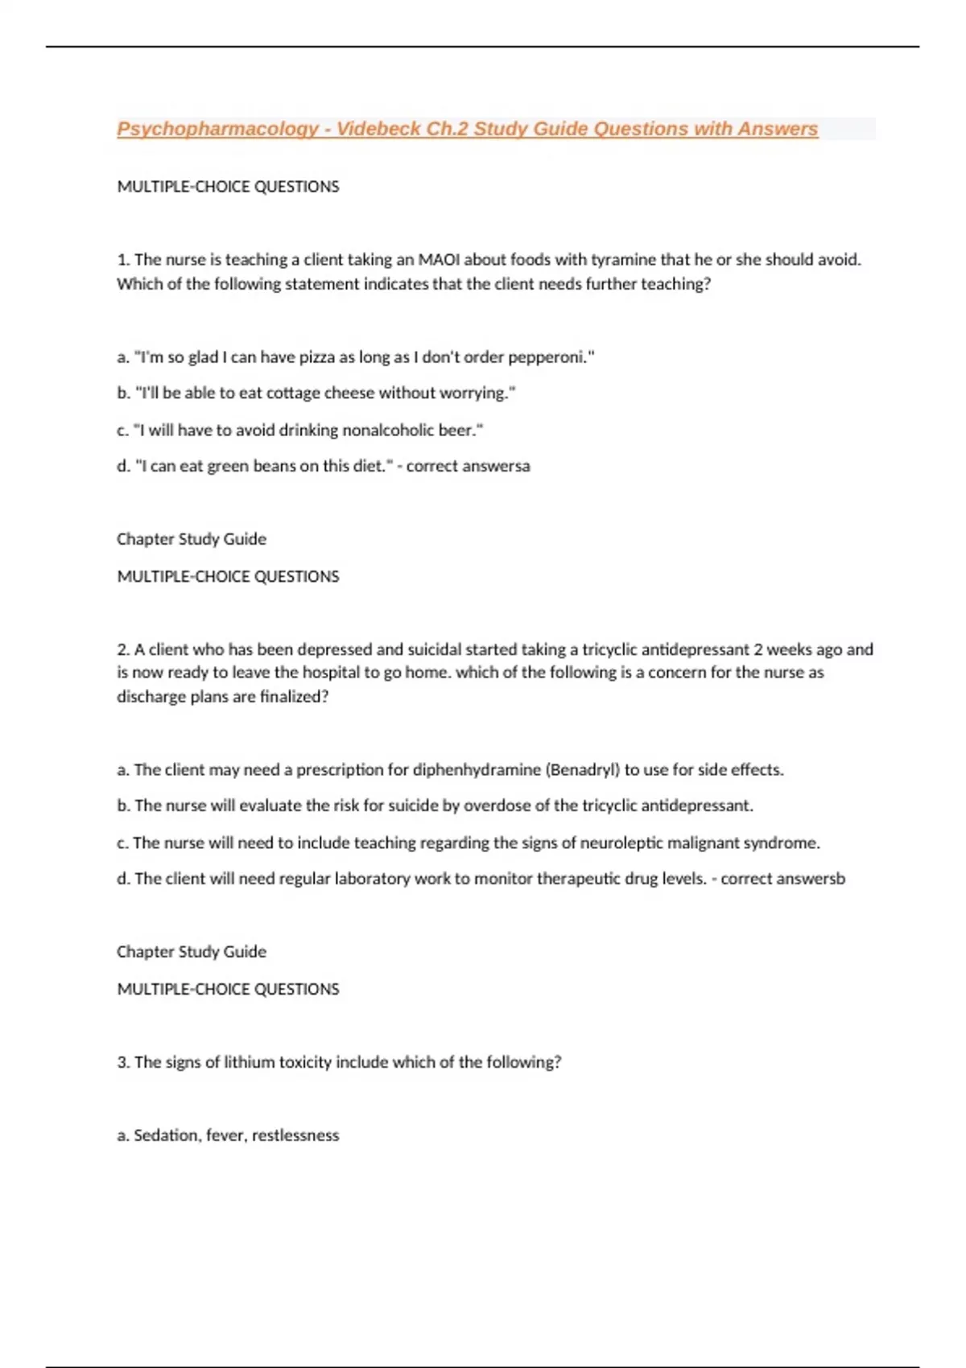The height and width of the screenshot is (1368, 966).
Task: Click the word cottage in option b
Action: (293, 394)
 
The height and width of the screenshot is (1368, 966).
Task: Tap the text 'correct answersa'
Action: (468, 467)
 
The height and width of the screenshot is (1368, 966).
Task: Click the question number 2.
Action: (123, 649)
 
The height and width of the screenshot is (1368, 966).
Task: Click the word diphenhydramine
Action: (477, 770)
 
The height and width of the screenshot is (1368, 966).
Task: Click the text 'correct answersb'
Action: (782, 879)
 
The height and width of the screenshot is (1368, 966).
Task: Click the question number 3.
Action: (123, 1062)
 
